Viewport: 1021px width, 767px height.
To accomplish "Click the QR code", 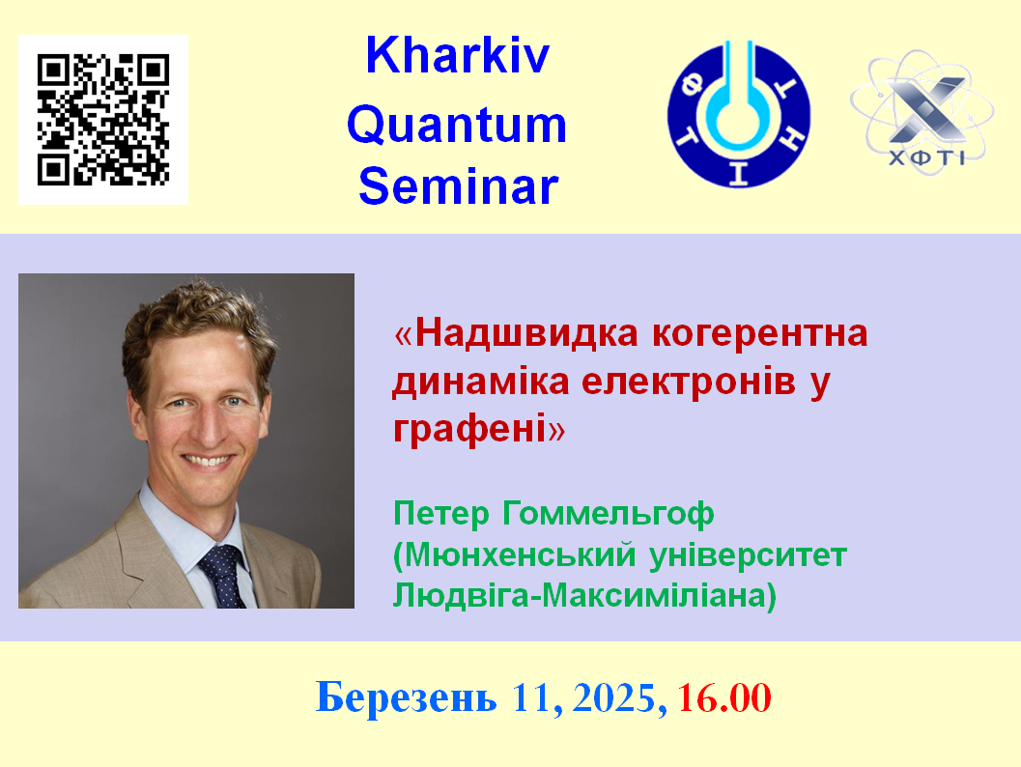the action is tap(103, 120).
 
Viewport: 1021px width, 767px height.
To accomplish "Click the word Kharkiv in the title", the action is tap(457, 55).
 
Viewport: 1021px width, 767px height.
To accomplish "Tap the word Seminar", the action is tap(459, 186).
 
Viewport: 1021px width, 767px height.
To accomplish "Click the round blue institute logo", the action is tap(738, 115).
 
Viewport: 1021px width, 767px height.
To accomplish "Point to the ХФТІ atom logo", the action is tap(922, 112).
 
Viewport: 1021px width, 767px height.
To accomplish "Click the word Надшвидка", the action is tap(526, 333).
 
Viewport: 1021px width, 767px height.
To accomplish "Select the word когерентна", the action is tap(760, 334).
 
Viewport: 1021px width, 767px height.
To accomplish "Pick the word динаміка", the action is tap(481, 383).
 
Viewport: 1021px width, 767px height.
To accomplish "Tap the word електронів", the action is tap(689, 382).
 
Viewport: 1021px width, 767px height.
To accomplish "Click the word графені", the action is tap(469, 430).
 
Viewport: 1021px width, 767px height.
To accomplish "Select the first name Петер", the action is tap(440, 514).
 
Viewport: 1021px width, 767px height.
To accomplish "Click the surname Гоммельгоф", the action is tap(609, 514).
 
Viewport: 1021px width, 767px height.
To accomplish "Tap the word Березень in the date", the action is tap(406, 697).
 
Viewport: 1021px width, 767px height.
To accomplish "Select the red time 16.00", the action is tap(724, 698).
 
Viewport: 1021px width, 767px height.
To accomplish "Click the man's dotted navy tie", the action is tap(223, 577).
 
